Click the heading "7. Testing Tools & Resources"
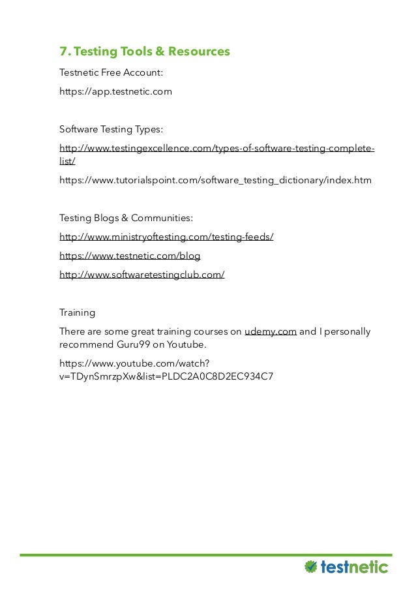click(145, 52)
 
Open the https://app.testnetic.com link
click(115, 91)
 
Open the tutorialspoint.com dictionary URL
click(215, 180)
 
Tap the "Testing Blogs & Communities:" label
click(126, 217)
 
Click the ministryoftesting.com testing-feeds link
click(166, 237)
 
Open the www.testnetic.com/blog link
click(130, 256)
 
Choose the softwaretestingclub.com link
click(142, 275)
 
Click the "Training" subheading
click(77, 312)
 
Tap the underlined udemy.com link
click(271, 331)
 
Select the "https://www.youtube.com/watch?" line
click(135, 363)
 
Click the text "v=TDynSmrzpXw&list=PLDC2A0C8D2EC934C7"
click(166, 376)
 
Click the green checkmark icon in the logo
click(311, 566)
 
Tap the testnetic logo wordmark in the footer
click(355, 566)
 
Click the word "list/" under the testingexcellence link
click(67, 160)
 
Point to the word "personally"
click(348, 331)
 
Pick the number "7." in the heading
click(64, 52)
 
